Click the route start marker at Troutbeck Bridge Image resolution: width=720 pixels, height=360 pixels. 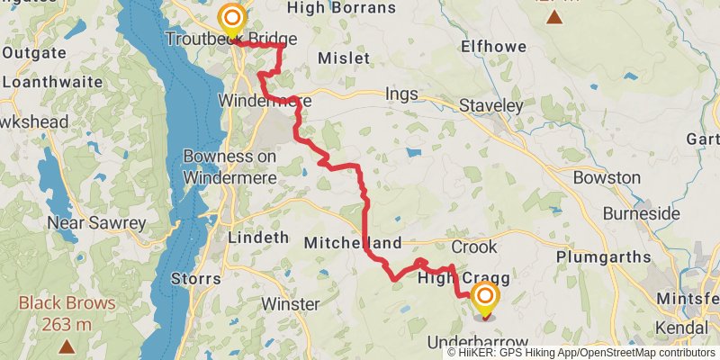pyautogui.click(x=232, y=18)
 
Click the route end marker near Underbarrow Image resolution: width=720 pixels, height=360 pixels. pyautogui.click(x=485, y=296)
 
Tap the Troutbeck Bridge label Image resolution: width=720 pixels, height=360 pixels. pyautogui.click(x=231, y=39)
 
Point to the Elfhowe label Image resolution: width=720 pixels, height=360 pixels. pyautogui.click(x=492, y=45)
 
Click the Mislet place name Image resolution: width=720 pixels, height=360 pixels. pyautogui.click(x=344, y=58)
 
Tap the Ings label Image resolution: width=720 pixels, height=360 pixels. pyautogui.click(x=402, y=93)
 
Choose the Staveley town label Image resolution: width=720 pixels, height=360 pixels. pyautogui.click(x=490, y=105)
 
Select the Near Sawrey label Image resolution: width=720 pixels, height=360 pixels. pyautogui.click(x=96, y=222)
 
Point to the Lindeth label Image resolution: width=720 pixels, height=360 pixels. pyautogui.click(x=258, y=238)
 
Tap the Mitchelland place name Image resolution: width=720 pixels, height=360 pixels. pyautogui.click(x=352, y=243)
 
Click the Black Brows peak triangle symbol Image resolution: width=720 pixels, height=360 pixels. pyautogui.click(x=67, y=345)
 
